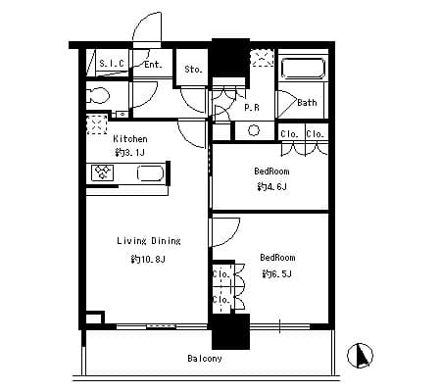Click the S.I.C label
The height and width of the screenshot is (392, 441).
[x=112, y=64]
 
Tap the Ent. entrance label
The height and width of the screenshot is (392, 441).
[x=153, y=65]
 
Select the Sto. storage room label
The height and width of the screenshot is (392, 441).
[x=193, y=70]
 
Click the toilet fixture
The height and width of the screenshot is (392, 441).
[x=98, y=96]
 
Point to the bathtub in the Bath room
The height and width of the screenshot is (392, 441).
[x=303, y=69]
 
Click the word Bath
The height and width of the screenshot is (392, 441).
[x=307, y=103]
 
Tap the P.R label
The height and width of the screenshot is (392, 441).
[x=252, y=107]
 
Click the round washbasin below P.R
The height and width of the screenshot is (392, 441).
[x=254, y=130]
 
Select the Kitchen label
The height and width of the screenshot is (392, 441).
[x=130, y=139]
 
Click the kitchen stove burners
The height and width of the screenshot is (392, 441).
[x=103, y=172]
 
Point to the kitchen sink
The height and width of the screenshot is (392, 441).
[x=150, y=173]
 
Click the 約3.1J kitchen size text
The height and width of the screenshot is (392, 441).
[x=129, y=152]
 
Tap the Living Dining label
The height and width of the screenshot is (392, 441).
[x=149, y=241]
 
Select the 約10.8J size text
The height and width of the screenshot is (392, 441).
[x=148, y=260]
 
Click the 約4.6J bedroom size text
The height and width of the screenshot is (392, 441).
[x=272, y=187]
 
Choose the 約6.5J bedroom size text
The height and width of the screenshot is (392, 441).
[x=277, y=273]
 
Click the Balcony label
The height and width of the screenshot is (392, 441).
[x=205, y=359]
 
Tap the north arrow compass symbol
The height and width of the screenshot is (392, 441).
[x=360, y=356]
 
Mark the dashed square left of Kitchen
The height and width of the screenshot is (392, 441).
[x=97, y=124]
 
